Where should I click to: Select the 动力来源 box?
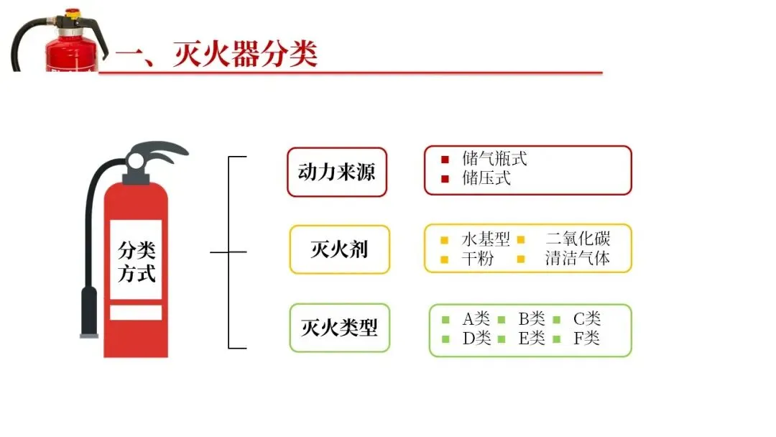(336, 172)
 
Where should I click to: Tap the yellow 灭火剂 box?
(339, 249)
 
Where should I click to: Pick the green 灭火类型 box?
(339, 328)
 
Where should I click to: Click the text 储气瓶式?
(494, 160)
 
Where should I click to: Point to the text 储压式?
(486, 178)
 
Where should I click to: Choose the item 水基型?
(486, 239)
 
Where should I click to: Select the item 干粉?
(478, 259)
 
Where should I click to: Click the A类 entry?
(476, 319)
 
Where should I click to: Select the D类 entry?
(476, 338)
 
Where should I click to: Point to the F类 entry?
(586, 338)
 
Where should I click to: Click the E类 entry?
(532, 338)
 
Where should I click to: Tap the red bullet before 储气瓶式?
(445, 160)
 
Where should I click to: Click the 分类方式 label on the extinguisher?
(136, 262)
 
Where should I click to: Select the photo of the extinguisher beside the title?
(68, 40)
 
